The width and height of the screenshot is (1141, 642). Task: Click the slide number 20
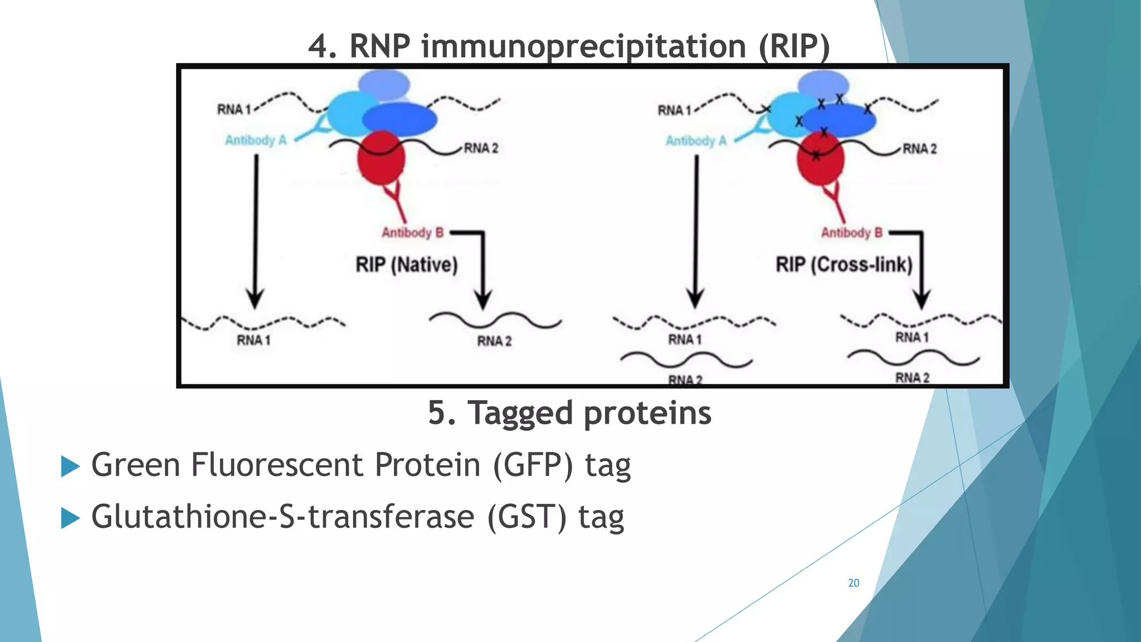click(x=853, y=583)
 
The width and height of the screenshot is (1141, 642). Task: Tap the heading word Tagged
click(x=520, y=413)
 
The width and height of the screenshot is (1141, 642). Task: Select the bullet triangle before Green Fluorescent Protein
click(x=70, y=466)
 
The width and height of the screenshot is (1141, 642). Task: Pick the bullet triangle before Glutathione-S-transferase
click(x=70, y=518)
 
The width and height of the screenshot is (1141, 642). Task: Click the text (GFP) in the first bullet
click(x=533, y=465)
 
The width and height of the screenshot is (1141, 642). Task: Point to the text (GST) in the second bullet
click(x=526, y=517)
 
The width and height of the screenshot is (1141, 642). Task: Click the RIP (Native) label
click(x=407, y=264)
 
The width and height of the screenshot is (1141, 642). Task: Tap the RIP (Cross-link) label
click(x=843, y=264)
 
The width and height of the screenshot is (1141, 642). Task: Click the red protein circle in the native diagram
click(x=381, y=158)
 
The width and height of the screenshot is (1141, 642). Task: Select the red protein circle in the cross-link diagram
click(x=820, y=159)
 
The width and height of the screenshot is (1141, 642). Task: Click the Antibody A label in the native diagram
click(x=256, y=140)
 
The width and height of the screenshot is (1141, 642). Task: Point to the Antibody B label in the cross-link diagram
click(x=851, y=232)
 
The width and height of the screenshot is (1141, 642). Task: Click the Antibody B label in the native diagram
click(x=412, y=232)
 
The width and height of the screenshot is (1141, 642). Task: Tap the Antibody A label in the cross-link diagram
click(x=696, y=140)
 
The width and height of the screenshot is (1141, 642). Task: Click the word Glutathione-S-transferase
click(x=282, y=517)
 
